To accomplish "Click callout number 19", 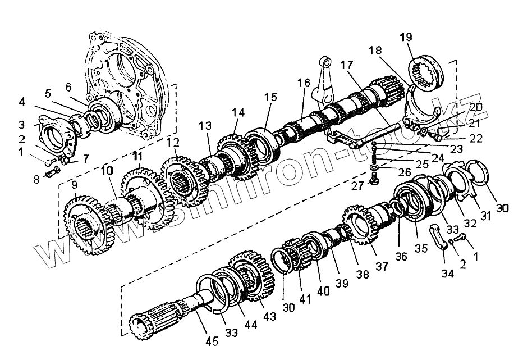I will point(406,38).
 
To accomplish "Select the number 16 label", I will point(304,83).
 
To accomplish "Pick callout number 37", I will point(382,266).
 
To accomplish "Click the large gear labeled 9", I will point(84,222).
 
